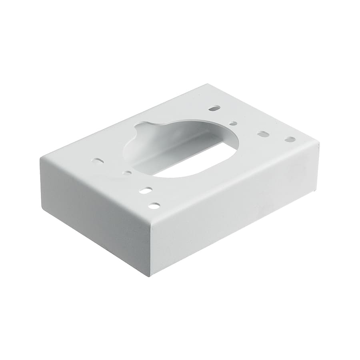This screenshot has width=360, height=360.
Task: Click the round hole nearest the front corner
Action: click(154, 206)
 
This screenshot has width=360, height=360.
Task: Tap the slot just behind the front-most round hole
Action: click(146, 190)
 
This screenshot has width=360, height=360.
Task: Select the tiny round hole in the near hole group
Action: click(127, 173)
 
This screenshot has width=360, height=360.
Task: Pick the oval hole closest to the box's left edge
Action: click(97, 161)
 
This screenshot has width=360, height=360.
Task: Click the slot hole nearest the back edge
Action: click(214, 108)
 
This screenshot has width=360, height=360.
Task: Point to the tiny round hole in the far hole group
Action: click(233, 124)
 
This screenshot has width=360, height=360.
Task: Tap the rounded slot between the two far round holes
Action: click(263, 134)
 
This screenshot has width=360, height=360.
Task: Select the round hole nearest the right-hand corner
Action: click(290, 140)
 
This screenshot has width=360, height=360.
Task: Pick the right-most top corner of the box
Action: click(319, 142)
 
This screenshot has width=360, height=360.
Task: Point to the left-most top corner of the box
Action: click(41, 158)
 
